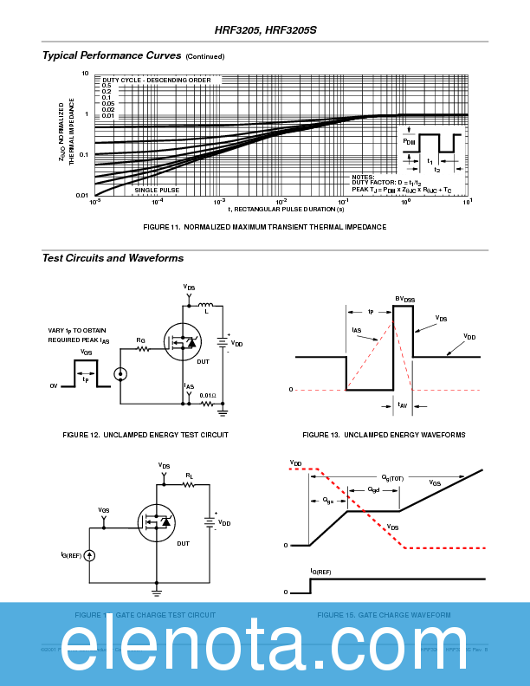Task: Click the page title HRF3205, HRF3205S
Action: [x=266, y=29]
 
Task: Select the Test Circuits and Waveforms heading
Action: [x=113, y=258]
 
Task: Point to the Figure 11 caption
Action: [x=264, y=227]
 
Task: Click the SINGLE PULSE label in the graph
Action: [x=157, y=189]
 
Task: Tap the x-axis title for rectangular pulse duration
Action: [x=286, y=209]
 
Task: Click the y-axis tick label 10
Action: [x=85, y=74]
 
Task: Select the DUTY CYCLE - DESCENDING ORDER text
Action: [x=156, y=80]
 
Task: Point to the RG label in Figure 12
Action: [x=140, y=340]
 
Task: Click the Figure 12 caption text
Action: [x=145, y=435]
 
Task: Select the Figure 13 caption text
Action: [x=384, y=435]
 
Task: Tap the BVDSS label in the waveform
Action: [x=405, y=300]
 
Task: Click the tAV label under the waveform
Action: [x=402, y=405]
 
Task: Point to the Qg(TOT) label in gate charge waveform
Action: [x=392, y=477]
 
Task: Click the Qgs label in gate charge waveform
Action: [x=328, y=500]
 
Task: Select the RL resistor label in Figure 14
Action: [x=189, y=476]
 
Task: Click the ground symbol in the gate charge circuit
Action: [x=157, y=592]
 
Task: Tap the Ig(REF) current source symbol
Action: [x=90, y=554]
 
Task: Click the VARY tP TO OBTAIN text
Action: [x=84, y=330]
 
